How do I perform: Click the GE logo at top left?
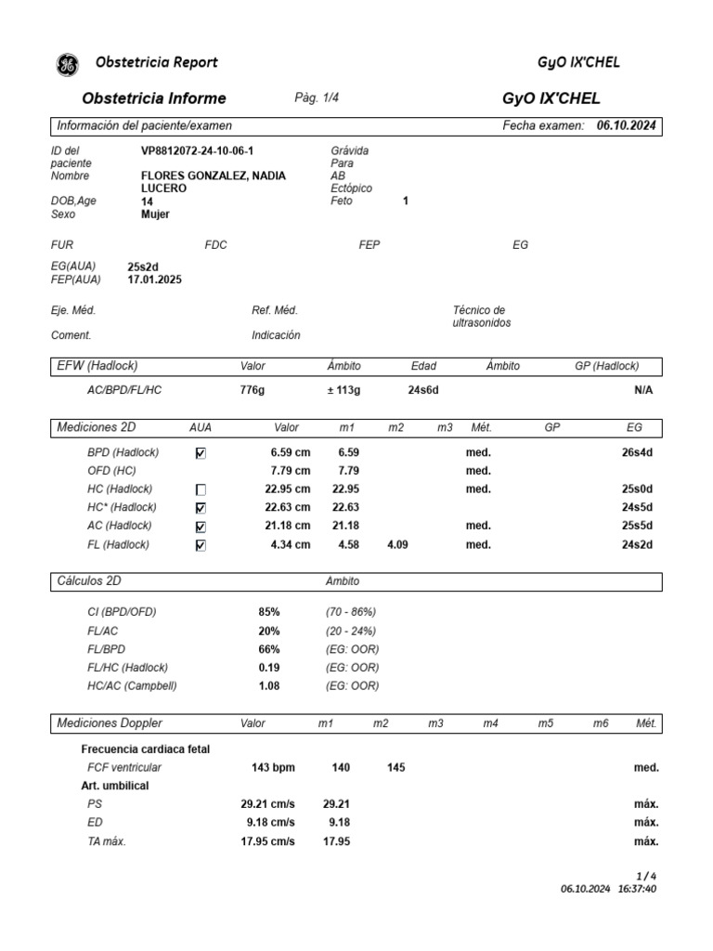click(x=68, y=63)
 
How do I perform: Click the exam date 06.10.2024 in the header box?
click(x=627, y=125)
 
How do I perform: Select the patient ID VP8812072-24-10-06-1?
click(x=197, y=150)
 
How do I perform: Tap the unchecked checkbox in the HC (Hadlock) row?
click(x=201, y=489)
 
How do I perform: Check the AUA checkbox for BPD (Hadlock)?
click(x=201, y=453)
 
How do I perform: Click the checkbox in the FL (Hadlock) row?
click(x=201, y=546)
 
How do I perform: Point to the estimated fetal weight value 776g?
click(x=252, y=390)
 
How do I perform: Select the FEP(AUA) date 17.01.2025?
click(x=154, y=279)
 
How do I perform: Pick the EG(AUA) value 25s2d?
click(x=143, y=267)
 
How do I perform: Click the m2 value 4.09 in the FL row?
click(x=396, y=545)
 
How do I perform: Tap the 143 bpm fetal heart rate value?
click(x=273, y=767)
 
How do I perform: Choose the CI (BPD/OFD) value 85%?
click(x=268, y=612)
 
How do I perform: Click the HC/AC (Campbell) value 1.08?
click(x=268, y=686)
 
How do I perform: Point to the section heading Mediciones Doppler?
click(x=109, y=723)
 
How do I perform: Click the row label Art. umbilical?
click(x=115, y=786)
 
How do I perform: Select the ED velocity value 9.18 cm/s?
click(x=270, y=823)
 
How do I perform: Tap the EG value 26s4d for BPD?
click(x=637, y=452)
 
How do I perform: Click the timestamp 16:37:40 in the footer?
click(x=637, y=889)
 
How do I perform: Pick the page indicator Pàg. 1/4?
click(x=317, y=98)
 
